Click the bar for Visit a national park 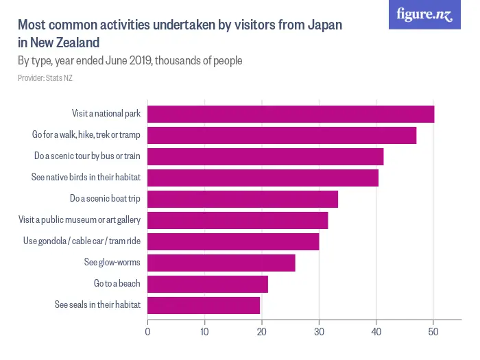291,114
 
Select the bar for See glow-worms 221,263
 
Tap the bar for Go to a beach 208,284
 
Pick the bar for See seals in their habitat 204,305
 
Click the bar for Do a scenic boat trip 243,199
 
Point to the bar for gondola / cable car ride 233,241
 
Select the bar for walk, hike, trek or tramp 282,135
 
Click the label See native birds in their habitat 86,177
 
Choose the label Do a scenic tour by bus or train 87,156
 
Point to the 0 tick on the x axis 147,333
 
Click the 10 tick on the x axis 204,333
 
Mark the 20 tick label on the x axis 262,333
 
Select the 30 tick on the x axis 319,333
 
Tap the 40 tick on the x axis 376,333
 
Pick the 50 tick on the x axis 433,333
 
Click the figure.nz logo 424,15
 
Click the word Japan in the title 322,25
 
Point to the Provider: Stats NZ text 45,78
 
